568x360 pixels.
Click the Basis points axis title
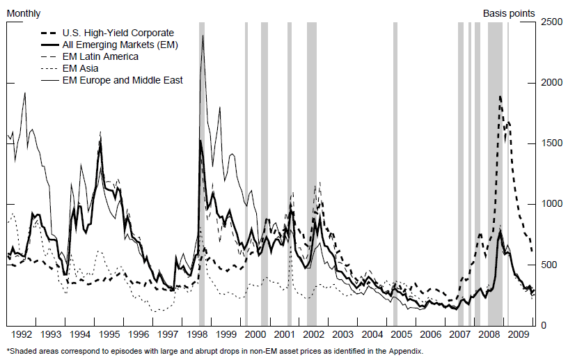509,13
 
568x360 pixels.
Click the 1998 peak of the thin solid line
203,36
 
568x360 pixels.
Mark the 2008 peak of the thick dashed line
500,96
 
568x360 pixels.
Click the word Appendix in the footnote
402,351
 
